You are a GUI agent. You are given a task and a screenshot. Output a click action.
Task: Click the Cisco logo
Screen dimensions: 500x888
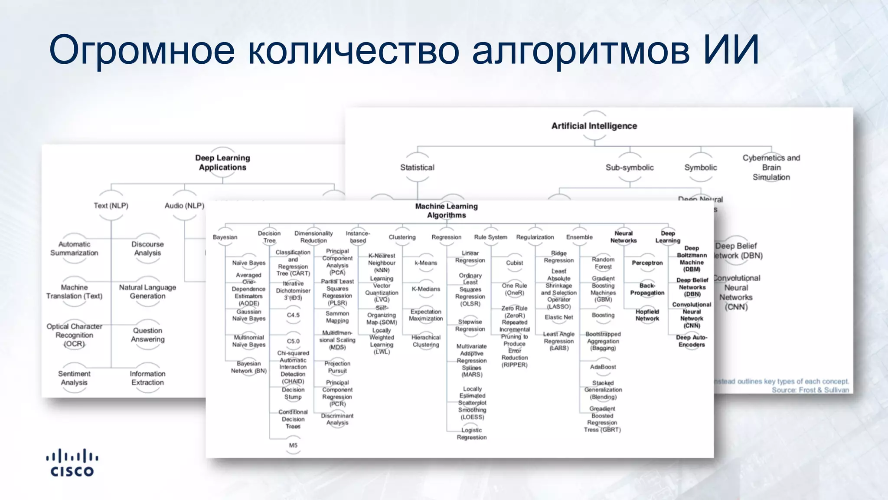(72, 463)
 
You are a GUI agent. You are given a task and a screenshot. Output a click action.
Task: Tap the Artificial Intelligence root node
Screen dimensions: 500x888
(594, 126)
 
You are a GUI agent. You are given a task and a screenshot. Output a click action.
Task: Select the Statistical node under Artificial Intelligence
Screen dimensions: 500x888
(417, 168)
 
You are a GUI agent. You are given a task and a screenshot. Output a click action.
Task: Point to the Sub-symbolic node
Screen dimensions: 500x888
(630, 168)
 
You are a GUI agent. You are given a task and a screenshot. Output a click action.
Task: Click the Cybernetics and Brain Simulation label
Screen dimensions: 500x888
(771, 168)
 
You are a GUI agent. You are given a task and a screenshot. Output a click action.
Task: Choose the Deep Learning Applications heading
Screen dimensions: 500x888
(222, 163)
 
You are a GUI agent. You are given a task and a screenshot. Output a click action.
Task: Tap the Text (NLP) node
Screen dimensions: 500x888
(111, 206)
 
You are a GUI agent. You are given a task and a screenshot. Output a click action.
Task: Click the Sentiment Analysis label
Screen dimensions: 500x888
(74, 378)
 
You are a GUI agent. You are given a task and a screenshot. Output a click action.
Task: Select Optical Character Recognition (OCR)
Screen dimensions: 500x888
(74, 335)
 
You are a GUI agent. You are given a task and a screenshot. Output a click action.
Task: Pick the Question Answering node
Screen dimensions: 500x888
(148, 335)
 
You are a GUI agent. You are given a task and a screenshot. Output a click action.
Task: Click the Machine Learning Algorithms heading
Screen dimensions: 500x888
(446, 211)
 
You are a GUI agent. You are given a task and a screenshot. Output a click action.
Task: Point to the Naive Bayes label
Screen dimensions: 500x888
(248, 263)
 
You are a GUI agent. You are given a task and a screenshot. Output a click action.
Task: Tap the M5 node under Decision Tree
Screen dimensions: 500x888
(293, 445)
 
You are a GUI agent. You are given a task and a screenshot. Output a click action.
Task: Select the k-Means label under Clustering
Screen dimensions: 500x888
(426, 263)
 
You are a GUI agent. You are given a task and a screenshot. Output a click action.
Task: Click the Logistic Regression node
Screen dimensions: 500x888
(471, 434)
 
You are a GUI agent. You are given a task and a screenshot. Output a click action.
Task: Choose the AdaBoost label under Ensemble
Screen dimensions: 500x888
(603, 367)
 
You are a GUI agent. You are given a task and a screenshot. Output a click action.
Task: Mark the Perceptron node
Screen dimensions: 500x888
(647, 263)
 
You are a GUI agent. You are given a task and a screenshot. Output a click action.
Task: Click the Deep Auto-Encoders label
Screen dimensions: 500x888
(692, 341)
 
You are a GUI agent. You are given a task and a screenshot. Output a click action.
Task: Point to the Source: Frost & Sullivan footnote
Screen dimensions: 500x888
(810, 390)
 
